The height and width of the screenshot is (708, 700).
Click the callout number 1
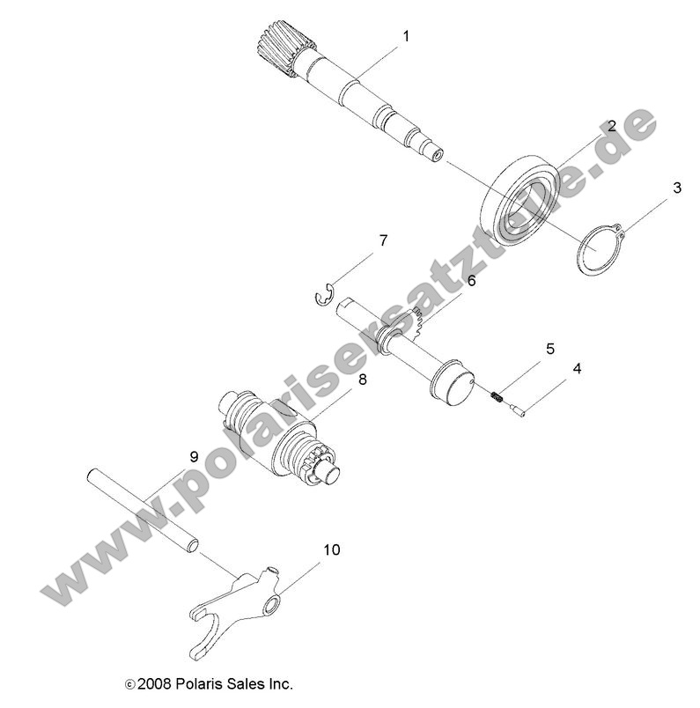point(406,36)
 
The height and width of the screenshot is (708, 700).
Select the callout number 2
point(611,127)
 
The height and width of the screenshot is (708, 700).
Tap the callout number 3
point(676,188)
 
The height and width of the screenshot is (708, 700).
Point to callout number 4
point(601,368)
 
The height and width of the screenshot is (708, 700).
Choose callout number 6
point(471,281)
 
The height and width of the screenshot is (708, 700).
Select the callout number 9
point(194,456)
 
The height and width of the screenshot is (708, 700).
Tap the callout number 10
point(331,550)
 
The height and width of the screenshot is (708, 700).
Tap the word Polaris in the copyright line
point(207,683)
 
